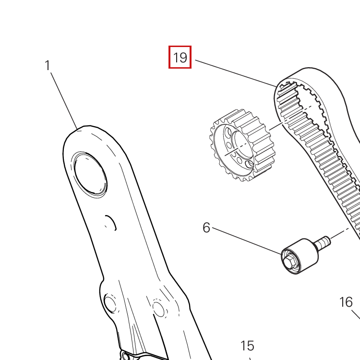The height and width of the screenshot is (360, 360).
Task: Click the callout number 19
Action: pos(180,58)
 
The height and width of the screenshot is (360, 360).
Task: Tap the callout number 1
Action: pos(48,65)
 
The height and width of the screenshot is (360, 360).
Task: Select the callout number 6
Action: pos(206,228)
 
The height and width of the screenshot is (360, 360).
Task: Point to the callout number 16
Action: pos(346,302)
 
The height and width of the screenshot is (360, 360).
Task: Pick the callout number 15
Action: pos(247,346)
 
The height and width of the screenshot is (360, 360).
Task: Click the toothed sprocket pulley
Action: pos(242,145)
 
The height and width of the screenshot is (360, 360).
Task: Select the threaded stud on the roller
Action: pos(323,243)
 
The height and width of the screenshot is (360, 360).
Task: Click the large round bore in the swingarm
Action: pos(90,175)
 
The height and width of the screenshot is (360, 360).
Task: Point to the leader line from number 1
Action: pos(64,101)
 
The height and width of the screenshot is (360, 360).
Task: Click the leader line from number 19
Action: pos(236,73)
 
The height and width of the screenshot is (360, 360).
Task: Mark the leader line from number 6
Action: pos(247,240)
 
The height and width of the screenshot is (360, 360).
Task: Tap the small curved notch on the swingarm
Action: pos(111,222)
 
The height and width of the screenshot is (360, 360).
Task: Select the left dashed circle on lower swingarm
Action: pos(110,303)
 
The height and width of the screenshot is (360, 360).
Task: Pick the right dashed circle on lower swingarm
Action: pos(158,308)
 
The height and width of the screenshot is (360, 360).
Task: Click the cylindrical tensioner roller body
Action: pos(300,257)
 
